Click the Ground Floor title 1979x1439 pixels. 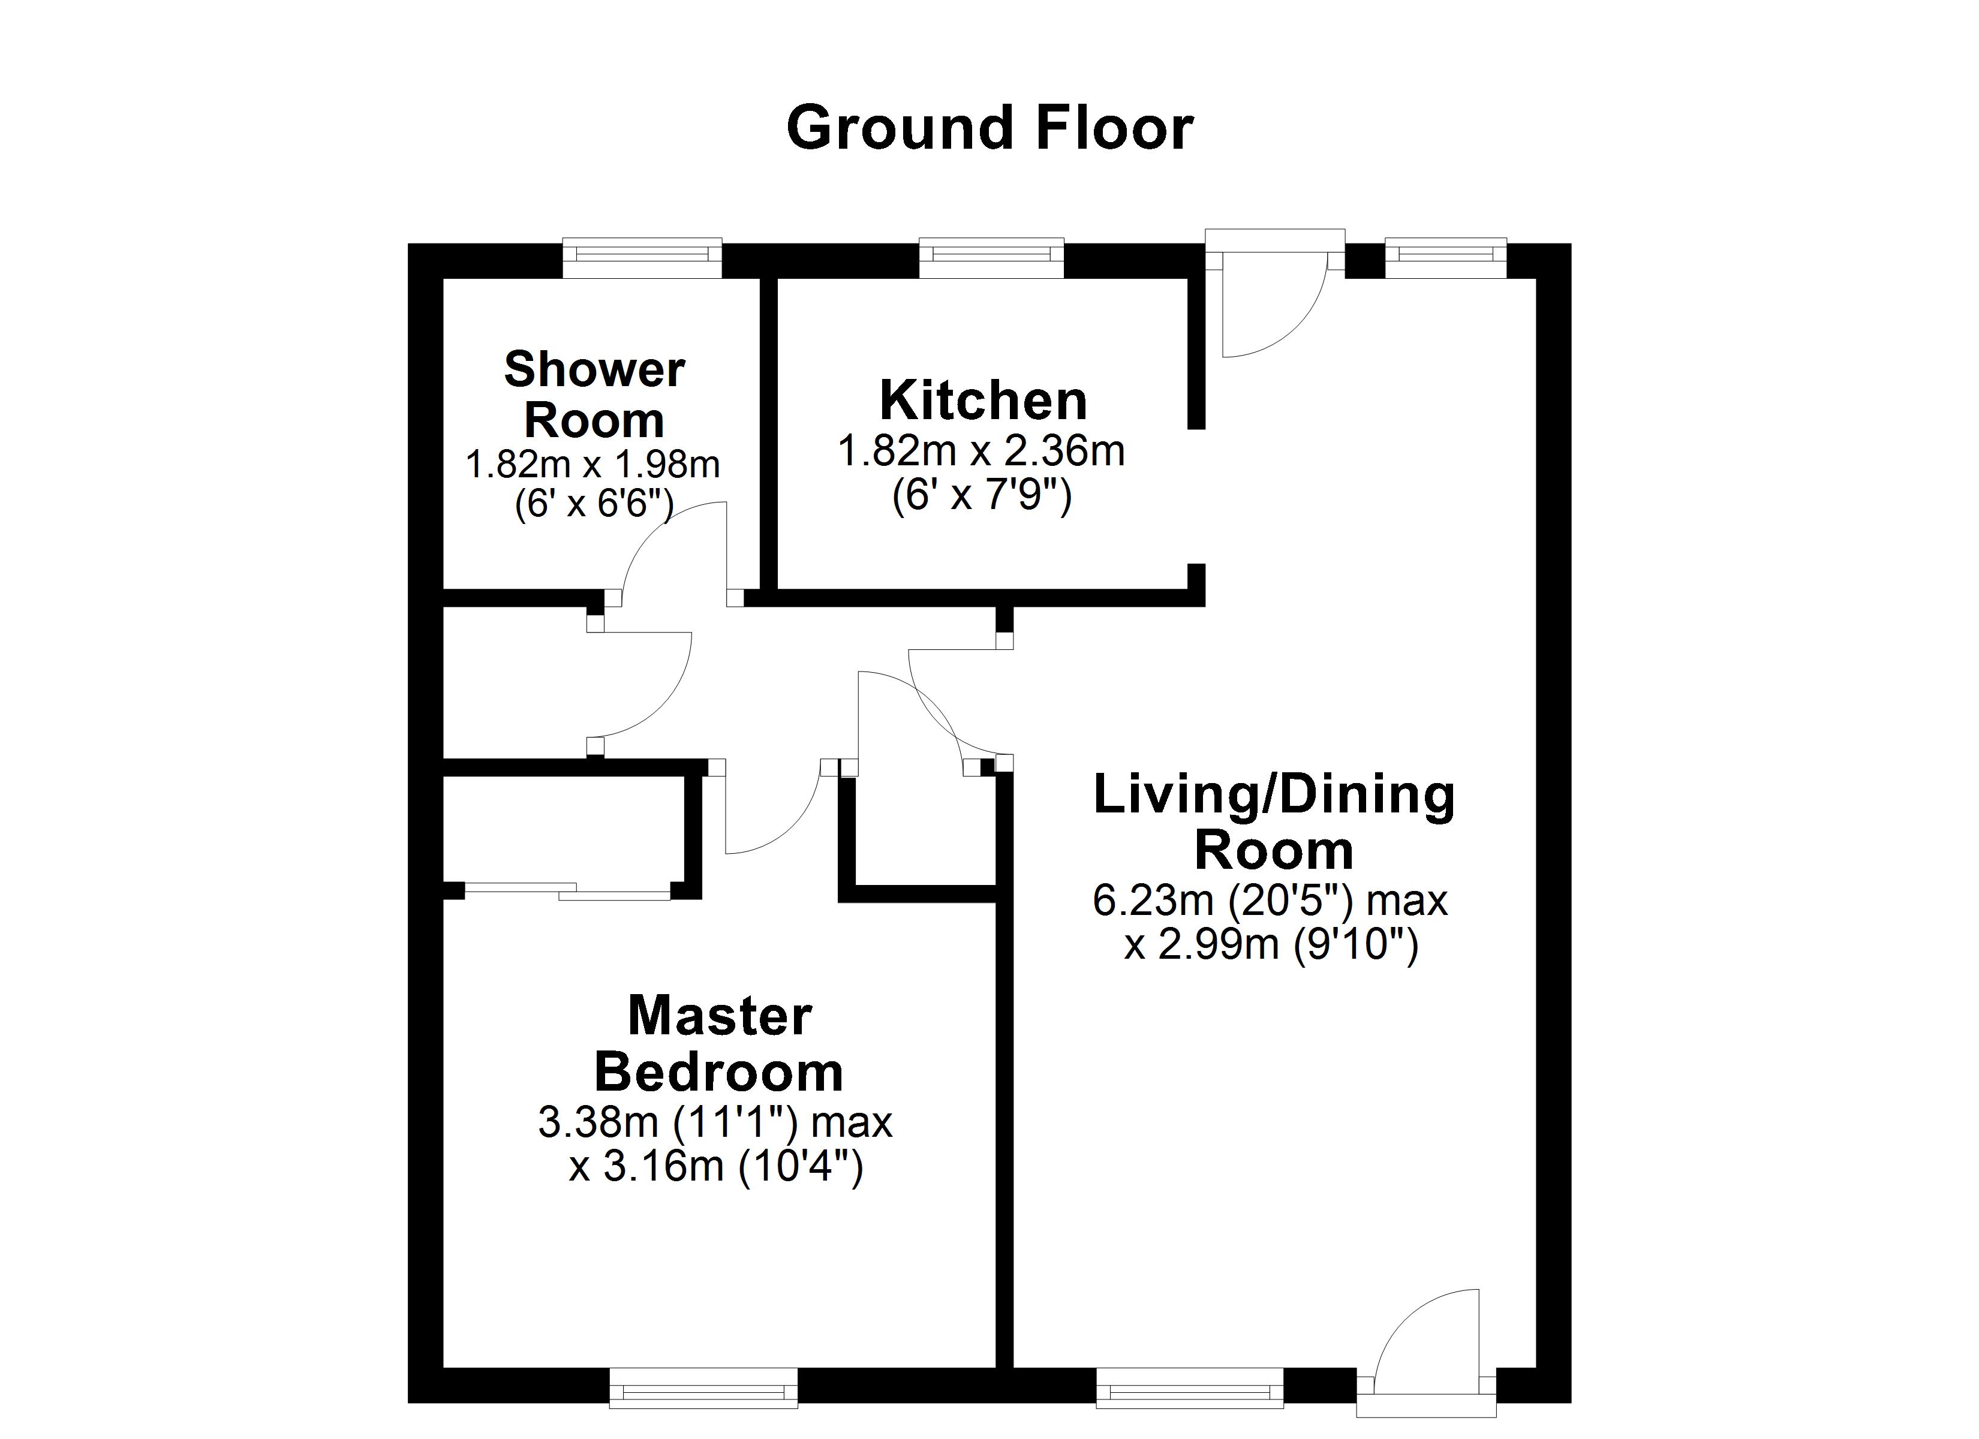click(989, 128)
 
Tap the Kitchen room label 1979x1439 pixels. click(984, 401)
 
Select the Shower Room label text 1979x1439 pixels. click(594, 395)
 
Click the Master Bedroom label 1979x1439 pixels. click(719, 1044)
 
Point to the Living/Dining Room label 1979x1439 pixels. click(1274, 822)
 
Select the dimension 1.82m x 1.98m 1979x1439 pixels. click(593, 464)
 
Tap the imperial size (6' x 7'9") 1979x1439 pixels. click(982, 496)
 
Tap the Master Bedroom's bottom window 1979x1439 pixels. click(703, 1387)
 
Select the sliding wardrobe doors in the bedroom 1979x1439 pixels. click(567, 891)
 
